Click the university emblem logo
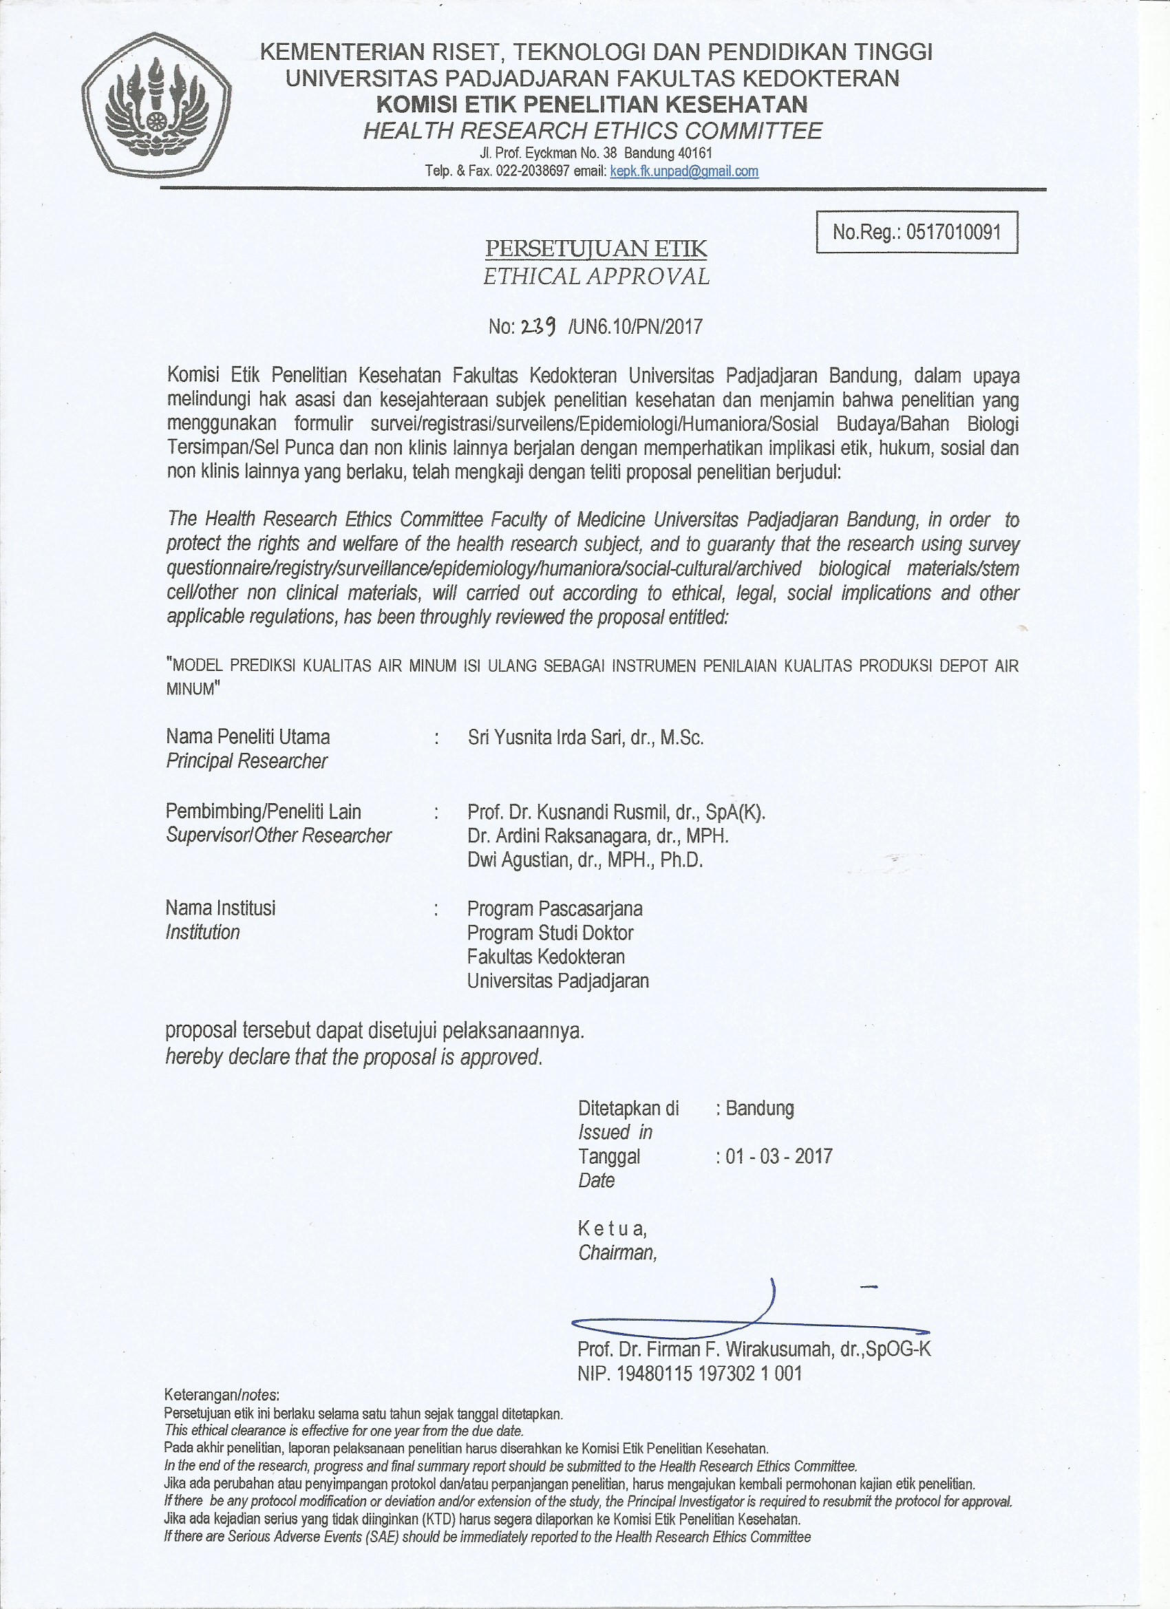pos(156,105)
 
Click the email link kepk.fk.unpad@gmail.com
pos(684,171)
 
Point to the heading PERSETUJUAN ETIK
pos(596,248)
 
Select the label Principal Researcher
pos(246,761)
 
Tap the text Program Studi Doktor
pos(550,933)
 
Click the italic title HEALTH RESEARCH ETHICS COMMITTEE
pos(593,131)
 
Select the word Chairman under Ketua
pos(617,1253)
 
